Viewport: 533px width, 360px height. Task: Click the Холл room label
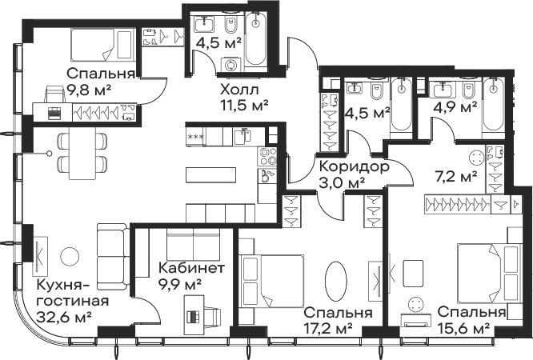tap(239, 90)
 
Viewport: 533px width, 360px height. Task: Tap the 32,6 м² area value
tap(64, 318)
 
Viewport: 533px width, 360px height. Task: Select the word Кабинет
tap(192, 268)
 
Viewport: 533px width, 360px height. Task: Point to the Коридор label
tap(355, 167)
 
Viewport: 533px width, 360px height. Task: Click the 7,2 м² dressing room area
tap(456, 177)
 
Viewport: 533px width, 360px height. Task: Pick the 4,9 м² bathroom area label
tap(455, 108)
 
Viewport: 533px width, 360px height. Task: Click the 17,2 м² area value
tap(327, 328)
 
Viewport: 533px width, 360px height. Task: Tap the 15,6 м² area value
tap(464, 328)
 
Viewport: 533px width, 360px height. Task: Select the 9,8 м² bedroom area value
tap(89, 90)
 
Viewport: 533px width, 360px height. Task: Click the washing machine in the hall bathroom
tap(230, 65)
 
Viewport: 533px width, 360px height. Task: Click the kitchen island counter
tap(210, 174)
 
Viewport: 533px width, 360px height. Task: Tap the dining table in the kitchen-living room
tap(82, 153)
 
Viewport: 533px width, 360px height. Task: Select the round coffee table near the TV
tap(70, 257)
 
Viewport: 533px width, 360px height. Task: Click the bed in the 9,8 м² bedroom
tap(101, 45)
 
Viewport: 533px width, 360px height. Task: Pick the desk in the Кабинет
tap(194, 315)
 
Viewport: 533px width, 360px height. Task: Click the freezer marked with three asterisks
tap(195, 137)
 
